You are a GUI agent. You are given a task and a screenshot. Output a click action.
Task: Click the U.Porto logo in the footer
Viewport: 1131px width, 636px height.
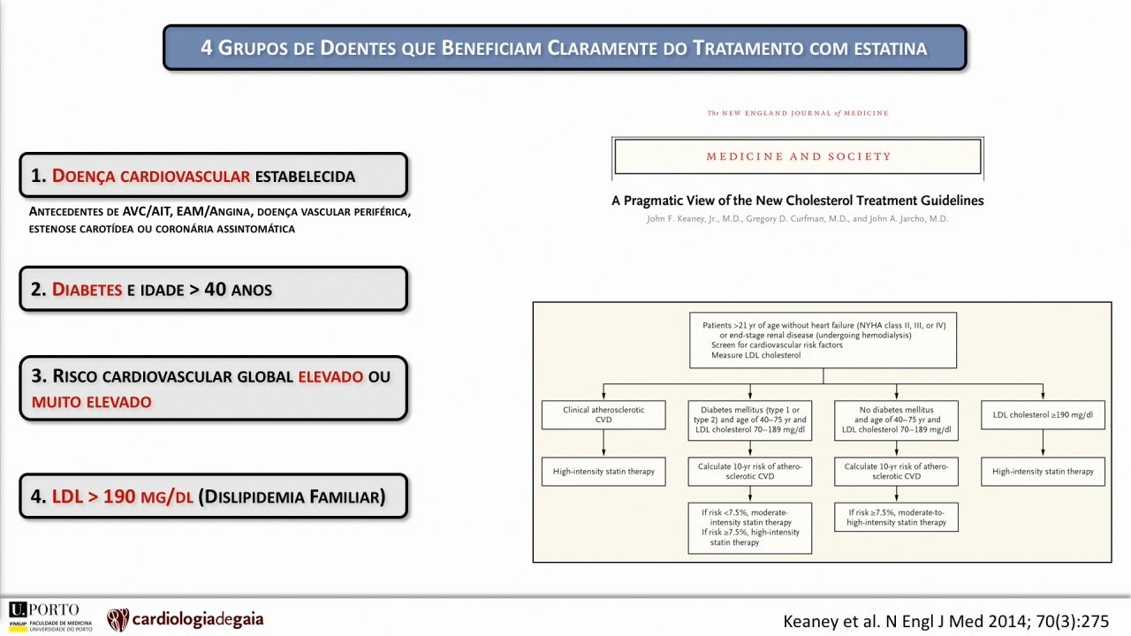(x=50, y=617)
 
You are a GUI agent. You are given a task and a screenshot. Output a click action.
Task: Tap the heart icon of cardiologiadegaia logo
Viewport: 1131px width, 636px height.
(x=118, y=619)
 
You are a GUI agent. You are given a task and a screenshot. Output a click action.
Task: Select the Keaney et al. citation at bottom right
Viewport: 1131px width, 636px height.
(x=945, y=621)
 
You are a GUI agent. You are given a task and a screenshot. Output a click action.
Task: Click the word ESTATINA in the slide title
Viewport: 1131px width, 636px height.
(x=891, y=49)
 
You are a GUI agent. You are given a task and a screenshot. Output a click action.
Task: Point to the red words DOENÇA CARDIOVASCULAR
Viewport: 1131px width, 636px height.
(x=151, y=176)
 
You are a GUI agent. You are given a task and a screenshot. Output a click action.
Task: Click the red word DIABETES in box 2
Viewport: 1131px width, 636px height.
(x=87, y=289)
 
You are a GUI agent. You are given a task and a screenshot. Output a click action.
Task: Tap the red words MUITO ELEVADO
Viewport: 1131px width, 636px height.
(x=91, y=402)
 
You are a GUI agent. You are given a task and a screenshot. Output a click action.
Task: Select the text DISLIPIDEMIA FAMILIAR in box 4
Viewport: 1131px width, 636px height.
(x=292, y=496)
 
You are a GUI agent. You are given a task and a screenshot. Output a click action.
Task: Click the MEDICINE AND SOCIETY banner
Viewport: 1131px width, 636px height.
(x=798, y=156)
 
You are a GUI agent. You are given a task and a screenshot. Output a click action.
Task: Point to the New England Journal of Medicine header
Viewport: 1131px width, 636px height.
(x=798, y=113)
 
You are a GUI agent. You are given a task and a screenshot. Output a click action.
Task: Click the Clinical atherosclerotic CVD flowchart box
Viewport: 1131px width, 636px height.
(x=603, y=415)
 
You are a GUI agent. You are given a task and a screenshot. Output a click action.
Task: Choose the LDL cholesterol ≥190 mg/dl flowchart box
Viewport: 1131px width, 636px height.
(x=1043, y=415)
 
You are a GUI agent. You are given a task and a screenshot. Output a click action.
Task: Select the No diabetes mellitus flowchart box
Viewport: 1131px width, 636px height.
(x=896, y=420)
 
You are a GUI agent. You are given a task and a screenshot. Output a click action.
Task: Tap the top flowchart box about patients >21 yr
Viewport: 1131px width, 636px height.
(x=823, y=340)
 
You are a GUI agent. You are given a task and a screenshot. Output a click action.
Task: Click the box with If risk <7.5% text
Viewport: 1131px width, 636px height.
(x=750, y=527)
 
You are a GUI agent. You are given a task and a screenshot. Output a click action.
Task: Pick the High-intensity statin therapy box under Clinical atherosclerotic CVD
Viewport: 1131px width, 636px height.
(x=603, y=472)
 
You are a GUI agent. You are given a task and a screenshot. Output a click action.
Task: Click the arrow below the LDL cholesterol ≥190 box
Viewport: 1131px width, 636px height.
(x=1043, y=443)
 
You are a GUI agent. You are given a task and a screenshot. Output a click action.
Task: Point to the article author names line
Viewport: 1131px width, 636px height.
(x=798, y=218)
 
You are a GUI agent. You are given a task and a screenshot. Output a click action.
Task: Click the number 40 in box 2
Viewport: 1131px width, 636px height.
(x=215, y=289)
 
